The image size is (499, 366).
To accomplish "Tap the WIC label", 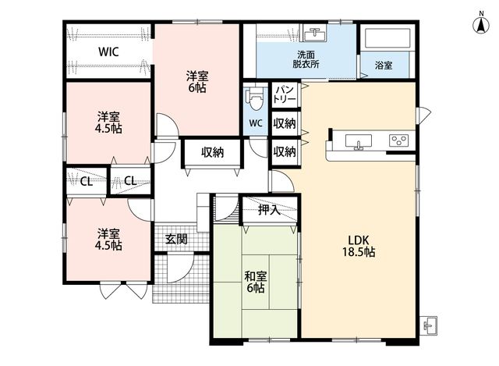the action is (x=108, y=52).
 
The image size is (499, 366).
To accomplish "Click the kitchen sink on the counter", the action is (x=359, y=141).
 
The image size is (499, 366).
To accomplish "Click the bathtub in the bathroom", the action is (x=388, y=38).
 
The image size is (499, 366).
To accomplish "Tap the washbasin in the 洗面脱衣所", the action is (x=315, y=33).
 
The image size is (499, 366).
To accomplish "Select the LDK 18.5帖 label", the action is (x=359, y=246).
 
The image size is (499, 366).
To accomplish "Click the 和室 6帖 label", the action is (x=256, y=282).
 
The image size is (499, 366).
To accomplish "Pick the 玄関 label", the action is (x=176, y=239).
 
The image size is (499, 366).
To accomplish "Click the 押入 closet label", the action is (x=269, y=210).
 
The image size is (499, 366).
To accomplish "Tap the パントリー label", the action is (x=285, y=94).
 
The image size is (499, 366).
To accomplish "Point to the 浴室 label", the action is (x=384, y=66).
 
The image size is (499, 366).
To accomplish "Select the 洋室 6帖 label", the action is (x=197, y=82).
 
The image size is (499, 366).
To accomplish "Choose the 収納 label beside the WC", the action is (x=285, y=123).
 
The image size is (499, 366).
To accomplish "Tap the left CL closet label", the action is (x=87, y=182).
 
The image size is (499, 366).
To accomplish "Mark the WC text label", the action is (x=256, y=123).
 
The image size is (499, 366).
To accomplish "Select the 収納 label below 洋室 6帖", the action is (x=213, y=153).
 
